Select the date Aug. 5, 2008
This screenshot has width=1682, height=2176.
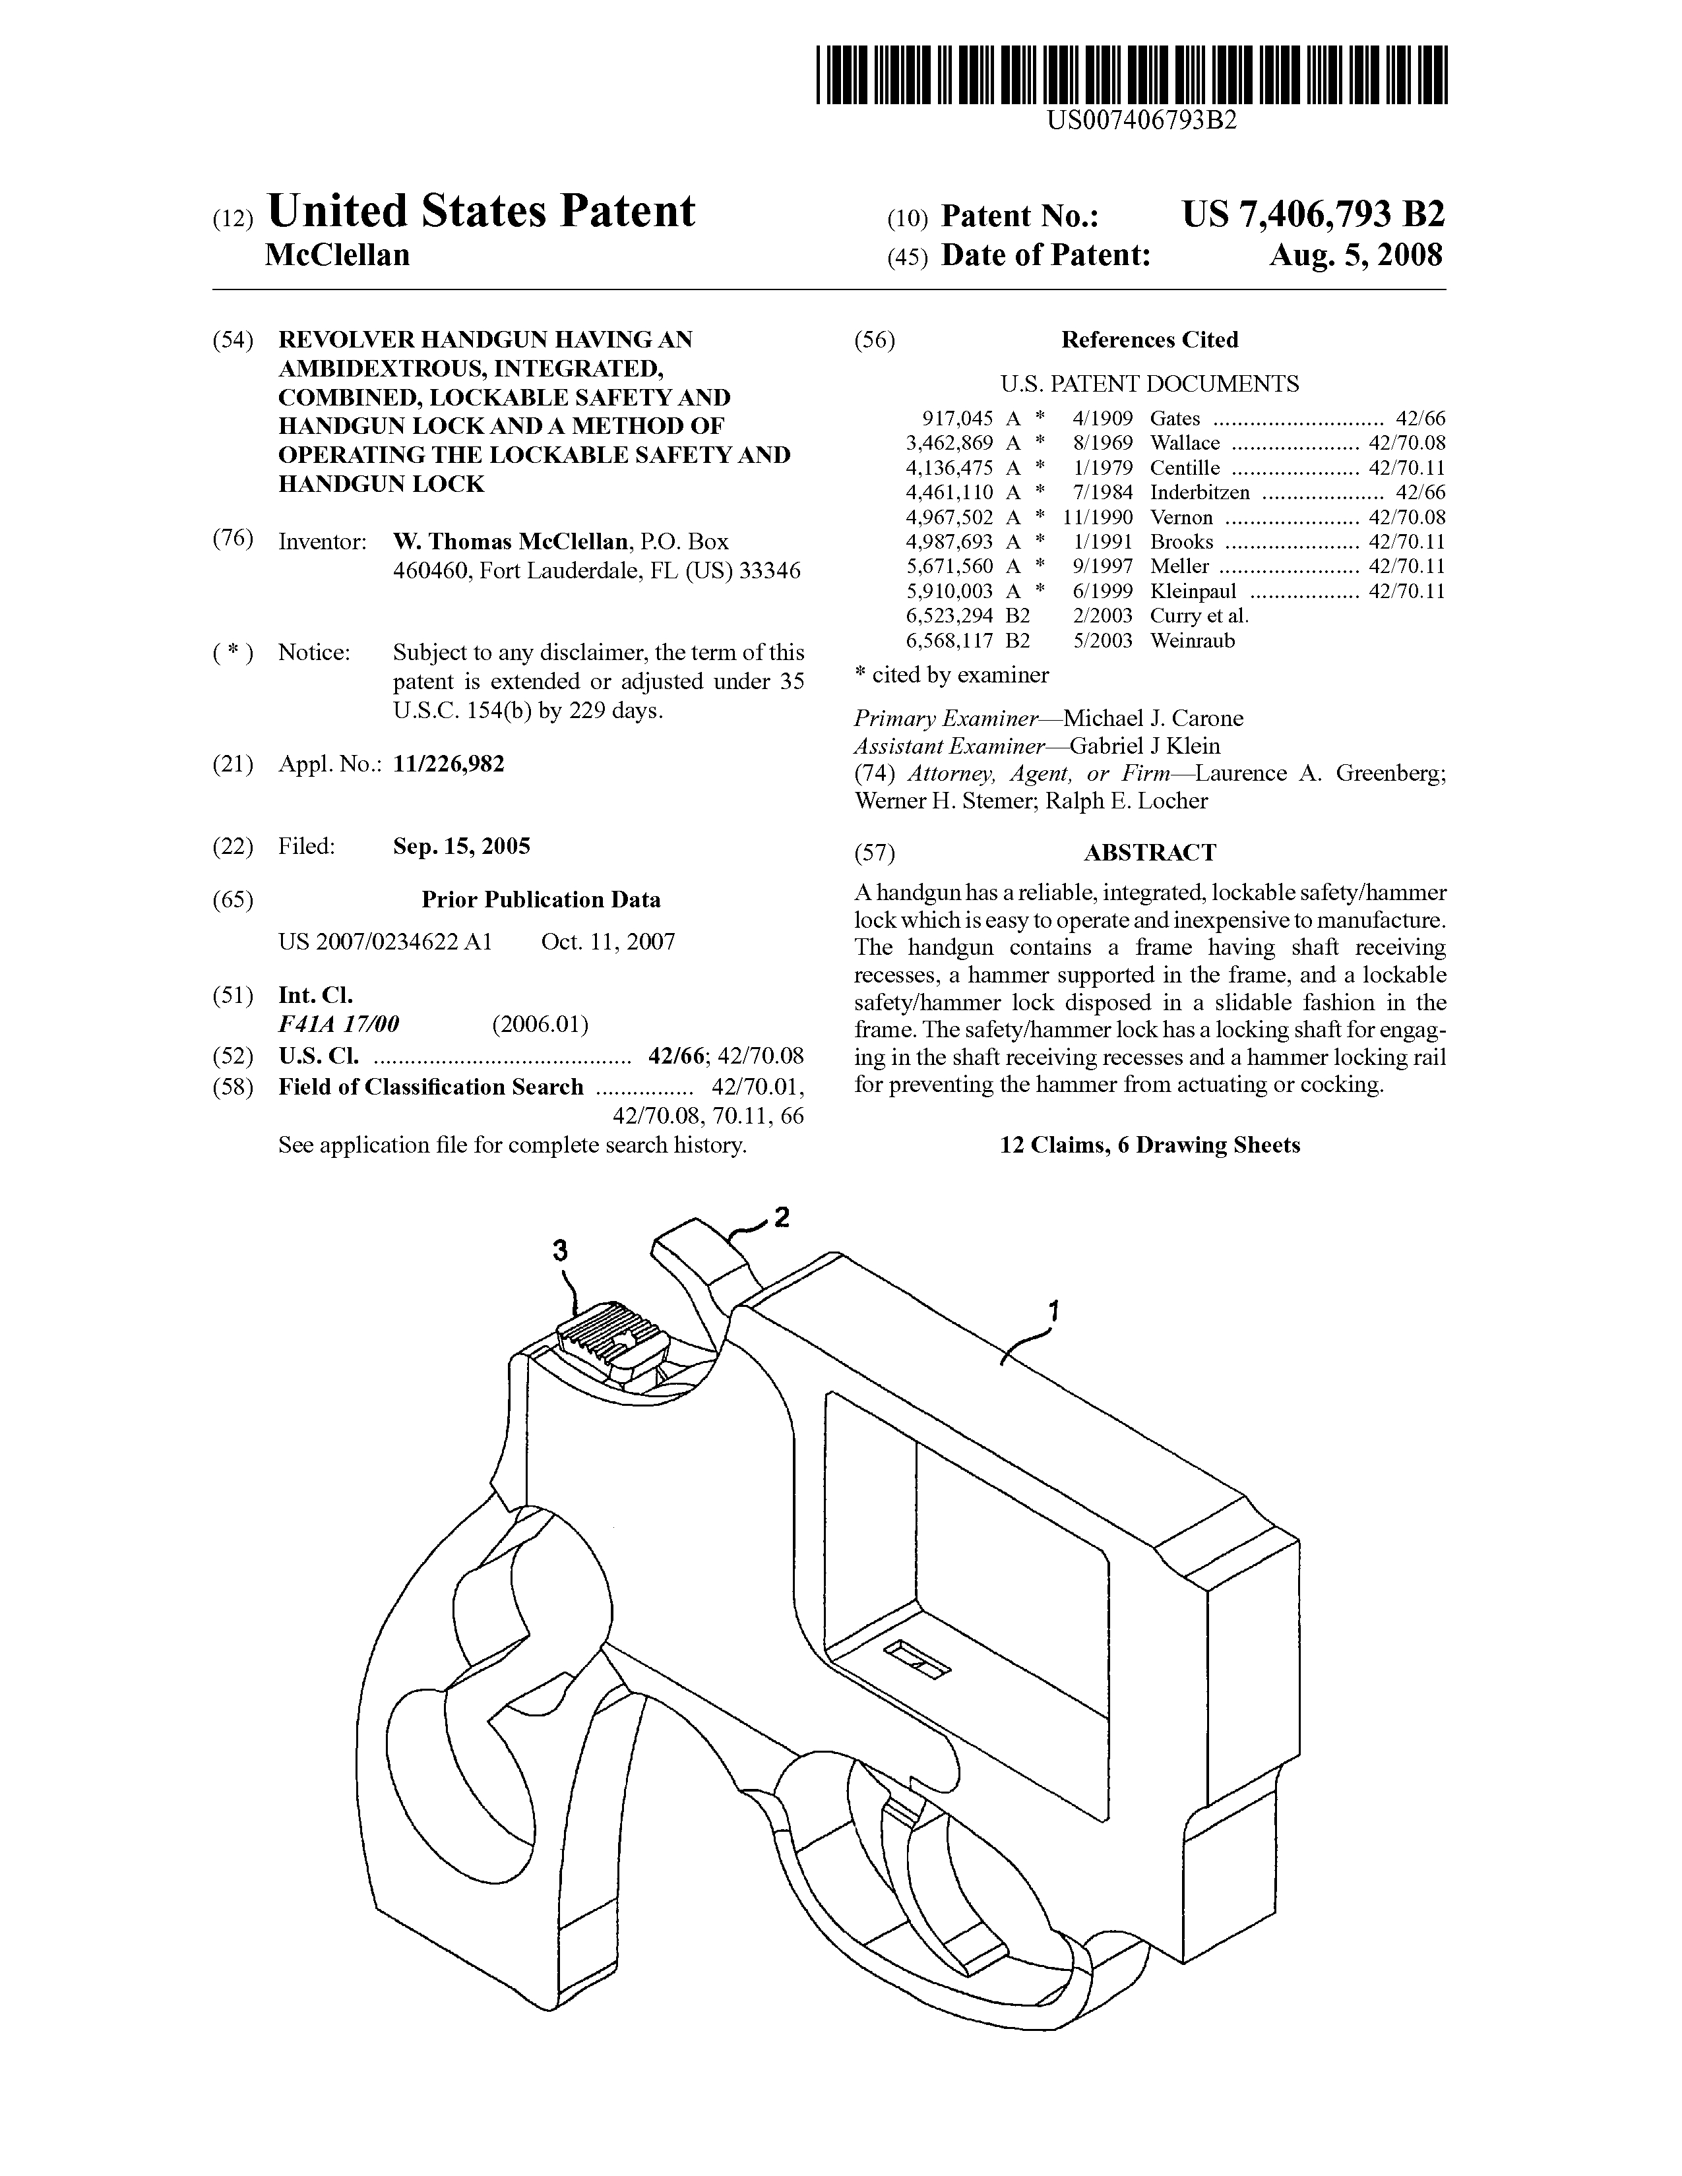[x=1355, y=256]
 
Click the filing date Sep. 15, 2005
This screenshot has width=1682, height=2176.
[x=461, y=846]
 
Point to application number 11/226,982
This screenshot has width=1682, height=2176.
[x=449, y=764]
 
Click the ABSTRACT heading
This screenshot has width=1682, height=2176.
[x=1149, y=853]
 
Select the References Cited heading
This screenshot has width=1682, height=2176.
[x=1149, y=340]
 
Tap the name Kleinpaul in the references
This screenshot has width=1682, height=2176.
[x=1193, y=591]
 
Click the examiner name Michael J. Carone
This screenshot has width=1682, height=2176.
[x=1153, y=718]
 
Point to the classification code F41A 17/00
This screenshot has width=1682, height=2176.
[x=339, y=1024]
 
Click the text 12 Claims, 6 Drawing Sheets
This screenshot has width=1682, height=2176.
[x=1150, y=1145]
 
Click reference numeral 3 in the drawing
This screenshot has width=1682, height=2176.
[x=561, y=1250]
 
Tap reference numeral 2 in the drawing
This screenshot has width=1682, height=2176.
[x=782, y=1217]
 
